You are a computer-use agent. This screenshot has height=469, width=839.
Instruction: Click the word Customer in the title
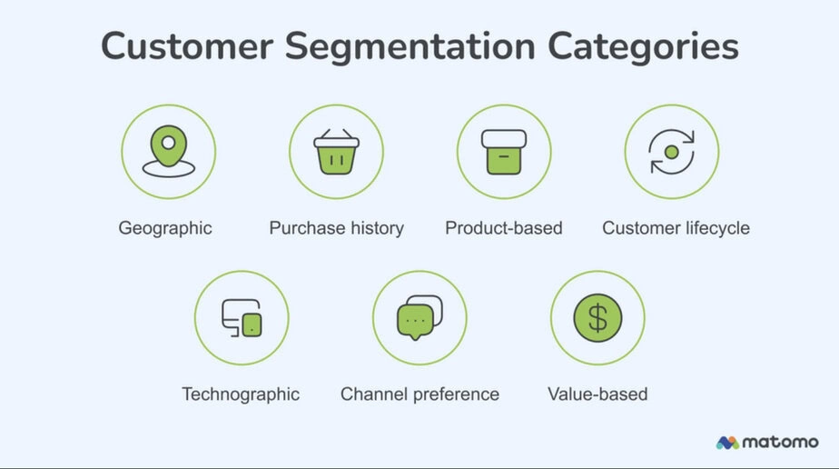click(x=187, y=46)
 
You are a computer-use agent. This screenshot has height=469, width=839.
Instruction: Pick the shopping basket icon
click(x=337, y=152)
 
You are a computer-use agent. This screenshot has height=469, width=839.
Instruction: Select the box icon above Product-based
click(x=504, y=152)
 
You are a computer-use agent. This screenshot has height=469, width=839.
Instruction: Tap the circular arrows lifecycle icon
click(x=672, y=152)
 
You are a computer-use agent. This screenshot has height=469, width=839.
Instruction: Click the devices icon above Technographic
click(x=242, y=318)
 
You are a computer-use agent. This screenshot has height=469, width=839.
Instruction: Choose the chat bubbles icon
click(x=419, y=318)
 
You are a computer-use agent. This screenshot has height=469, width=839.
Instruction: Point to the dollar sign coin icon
click(x=597, y=318)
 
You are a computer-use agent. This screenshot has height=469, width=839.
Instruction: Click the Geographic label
click(x=165, y=229)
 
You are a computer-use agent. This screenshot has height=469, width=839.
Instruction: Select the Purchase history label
click(x=337, y=229)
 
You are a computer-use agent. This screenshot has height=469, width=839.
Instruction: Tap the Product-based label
click(x=504, y=228)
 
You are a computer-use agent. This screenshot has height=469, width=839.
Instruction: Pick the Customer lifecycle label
click(x=676, y=229)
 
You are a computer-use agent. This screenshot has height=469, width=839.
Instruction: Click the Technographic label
click(x=241, y=394)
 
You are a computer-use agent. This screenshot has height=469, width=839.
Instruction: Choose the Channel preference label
click(x=420, y=394)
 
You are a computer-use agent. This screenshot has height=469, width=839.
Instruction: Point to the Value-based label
click(x=597, y=394)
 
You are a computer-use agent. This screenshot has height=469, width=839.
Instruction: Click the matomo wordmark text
click(x=781, y=443)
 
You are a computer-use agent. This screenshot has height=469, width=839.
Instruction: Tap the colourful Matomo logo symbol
click(x=727, y=443)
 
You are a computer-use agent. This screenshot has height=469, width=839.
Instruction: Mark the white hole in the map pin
click(x=169, y=143)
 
